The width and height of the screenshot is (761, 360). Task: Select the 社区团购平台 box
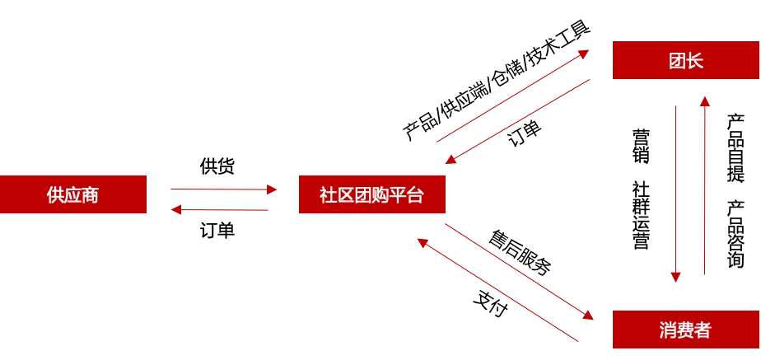click(371, 195)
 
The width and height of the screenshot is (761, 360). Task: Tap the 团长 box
click(686, 60)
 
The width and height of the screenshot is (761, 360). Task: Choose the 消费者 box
click(685, 330)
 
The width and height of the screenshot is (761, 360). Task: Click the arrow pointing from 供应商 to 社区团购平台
click(221, 189)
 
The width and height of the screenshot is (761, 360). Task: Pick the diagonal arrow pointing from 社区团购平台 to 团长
click(512, 96)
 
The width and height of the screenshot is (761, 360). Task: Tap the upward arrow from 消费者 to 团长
click(703, 185)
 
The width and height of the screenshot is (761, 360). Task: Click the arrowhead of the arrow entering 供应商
click(173, 209)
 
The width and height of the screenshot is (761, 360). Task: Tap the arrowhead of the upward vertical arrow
click(703, 100)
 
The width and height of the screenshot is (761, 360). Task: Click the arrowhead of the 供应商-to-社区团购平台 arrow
click(272, 189)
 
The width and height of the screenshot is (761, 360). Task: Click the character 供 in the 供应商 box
click(56, 195)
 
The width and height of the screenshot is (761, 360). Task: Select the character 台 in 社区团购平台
click(415, 195)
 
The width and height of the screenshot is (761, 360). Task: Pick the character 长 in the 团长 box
click(695, 60)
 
